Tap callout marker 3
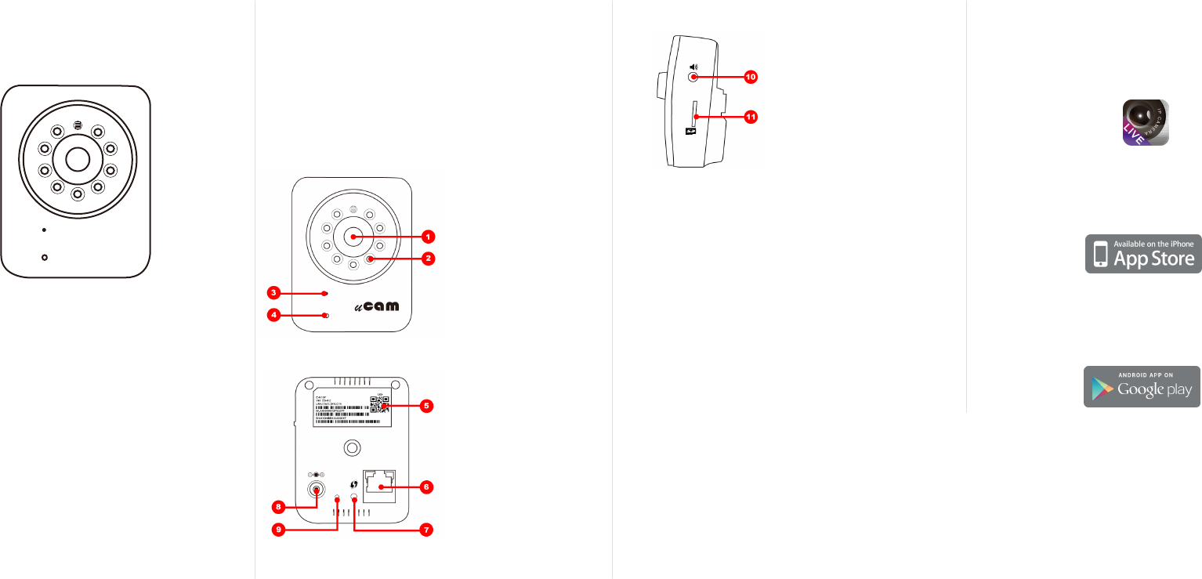273,293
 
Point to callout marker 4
273,316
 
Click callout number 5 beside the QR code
425,406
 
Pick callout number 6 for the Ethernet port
426,487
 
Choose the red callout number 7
425,530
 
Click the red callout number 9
279,530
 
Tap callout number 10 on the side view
751,78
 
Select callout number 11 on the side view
751,117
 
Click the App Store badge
1143,253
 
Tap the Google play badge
1142,386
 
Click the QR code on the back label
380,404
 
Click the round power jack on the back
316,490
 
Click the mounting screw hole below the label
353,447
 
